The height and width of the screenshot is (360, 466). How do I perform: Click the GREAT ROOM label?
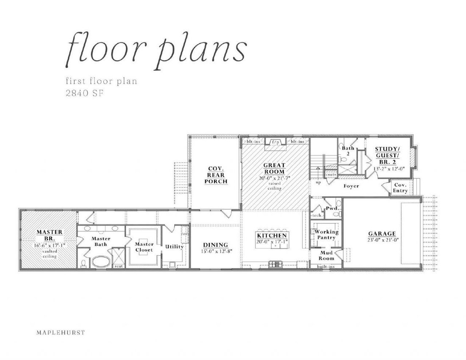[275, 169]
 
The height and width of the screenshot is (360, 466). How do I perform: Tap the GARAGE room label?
[382, 234]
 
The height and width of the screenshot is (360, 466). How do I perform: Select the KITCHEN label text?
[272, 235]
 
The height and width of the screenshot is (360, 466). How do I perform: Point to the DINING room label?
[216, 245]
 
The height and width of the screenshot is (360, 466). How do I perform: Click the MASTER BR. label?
[49, 235]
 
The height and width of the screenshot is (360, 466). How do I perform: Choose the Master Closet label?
[144, 247]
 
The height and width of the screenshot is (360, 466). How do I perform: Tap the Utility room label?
[175, 246]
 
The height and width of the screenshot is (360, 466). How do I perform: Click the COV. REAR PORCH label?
[216, 175]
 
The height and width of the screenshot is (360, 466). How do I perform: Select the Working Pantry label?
[326, 234]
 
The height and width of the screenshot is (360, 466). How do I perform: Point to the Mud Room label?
[326, 255]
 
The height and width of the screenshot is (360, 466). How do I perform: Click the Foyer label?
[351, 186]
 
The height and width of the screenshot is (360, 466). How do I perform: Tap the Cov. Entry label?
[400, 188]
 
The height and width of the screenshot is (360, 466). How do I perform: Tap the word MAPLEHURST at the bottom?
[61, 332]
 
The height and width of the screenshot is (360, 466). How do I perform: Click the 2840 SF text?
[84, 93]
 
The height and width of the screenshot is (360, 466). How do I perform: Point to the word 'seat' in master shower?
[119, 266]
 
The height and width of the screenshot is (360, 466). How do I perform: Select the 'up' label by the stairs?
[318, 183]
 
